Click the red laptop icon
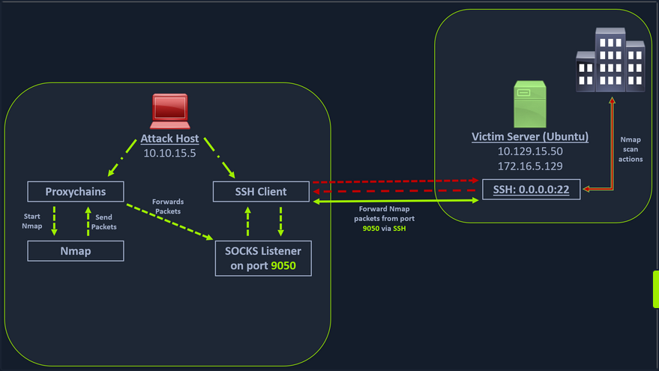[169, 110]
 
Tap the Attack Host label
[169, 139]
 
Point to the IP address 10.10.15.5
[169, 152]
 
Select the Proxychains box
[75, 192]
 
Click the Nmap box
[75, 251]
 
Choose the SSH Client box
[260, 192]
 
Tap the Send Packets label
[103, 222]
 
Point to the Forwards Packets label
[167, 206]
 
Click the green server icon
[529, 104]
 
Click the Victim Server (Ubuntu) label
[529, 137]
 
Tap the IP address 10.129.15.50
[529, 151]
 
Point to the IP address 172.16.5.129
[529, 165]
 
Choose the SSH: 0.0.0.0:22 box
[531, 190]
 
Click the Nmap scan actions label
[631, 149]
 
